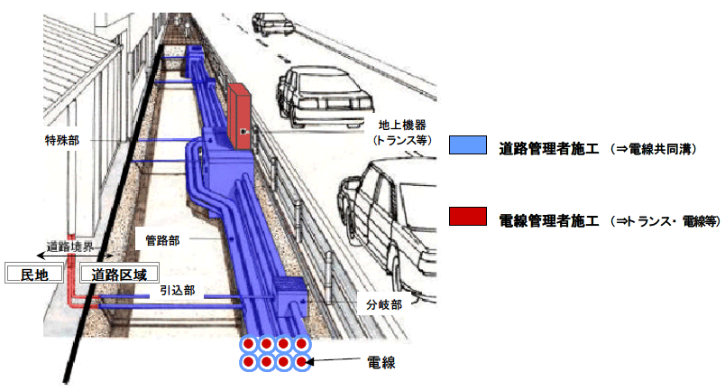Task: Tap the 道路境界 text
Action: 71,245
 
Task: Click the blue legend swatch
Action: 467,147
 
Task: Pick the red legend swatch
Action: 467,217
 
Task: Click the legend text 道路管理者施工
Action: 549,148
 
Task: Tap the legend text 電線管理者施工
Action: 549,219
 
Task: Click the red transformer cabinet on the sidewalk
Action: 240,115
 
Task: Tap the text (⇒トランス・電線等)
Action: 664,219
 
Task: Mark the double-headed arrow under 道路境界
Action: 72,256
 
